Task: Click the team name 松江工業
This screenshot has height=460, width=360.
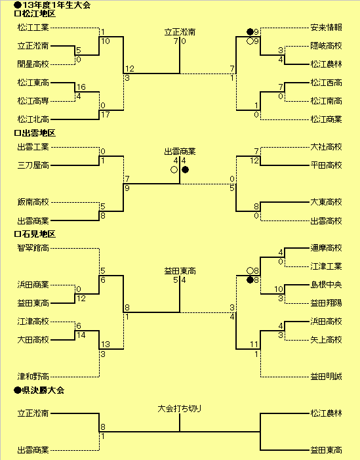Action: coord(33,28)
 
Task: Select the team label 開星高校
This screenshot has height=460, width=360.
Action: coord(33,64)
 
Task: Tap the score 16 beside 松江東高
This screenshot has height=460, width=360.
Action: coord(81,87)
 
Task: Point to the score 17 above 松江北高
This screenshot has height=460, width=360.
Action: coord(105,115)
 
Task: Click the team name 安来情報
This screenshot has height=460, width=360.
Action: coord(327,28)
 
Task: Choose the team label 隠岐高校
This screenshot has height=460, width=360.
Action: coord(327,46)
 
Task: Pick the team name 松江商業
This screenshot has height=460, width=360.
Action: coord(327,119)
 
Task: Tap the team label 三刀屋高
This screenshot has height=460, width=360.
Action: coord(33,165)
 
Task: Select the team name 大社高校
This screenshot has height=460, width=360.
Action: coord(327,147)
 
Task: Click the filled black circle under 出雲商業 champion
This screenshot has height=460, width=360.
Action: coord(186,169)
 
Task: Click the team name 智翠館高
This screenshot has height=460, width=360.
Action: coord(33,248)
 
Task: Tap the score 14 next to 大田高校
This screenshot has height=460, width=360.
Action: coord(81,335)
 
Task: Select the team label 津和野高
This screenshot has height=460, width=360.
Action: coord(33,377)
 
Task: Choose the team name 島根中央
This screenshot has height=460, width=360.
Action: coord(327,285)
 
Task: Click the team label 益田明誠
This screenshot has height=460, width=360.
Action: coord(327,377)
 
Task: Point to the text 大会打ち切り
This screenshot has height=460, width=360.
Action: coord(180,409)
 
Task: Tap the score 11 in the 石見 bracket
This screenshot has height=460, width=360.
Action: coord(254,344)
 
